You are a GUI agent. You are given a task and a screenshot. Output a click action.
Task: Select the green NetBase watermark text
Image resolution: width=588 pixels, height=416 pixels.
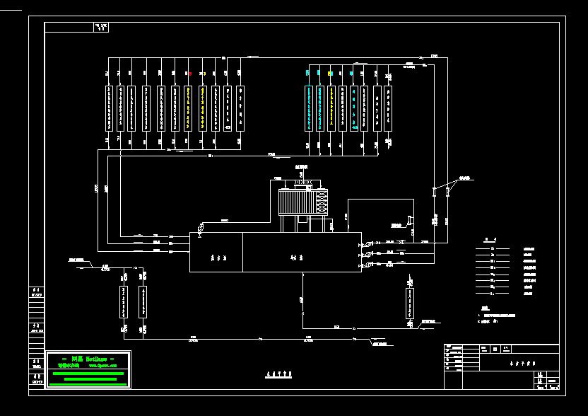[x=88, y=360]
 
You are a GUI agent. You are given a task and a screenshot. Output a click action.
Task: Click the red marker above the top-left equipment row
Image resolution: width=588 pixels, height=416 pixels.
[x=189, y=73]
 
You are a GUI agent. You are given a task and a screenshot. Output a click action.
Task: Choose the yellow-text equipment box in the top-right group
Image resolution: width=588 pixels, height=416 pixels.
[x=331, y=108]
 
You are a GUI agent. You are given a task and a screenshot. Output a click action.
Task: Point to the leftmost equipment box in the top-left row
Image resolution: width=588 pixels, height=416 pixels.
[x=109, y=108]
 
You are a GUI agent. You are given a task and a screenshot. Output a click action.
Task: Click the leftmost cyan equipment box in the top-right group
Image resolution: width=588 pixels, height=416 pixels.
[x=308, y=108]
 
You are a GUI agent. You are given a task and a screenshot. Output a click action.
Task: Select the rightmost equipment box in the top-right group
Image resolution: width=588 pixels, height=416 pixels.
[x=389, y=108]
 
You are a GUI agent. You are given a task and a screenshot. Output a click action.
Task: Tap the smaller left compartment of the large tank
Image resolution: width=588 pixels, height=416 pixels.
[x=216, y=253]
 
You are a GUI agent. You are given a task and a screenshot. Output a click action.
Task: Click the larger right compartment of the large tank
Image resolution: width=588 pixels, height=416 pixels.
[x=302, y=253]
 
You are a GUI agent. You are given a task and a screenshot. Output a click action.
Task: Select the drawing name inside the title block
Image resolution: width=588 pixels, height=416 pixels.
[x=522, y=360]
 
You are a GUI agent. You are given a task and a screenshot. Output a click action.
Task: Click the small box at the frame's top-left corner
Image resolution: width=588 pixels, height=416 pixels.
[x=102, y=28]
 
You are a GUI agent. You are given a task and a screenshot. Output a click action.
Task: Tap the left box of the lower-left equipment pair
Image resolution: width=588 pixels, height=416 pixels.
[x=124, y=303]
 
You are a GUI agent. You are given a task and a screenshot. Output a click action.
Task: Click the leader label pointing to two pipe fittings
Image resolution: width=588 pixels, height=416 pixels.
[x=464, y=178]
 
